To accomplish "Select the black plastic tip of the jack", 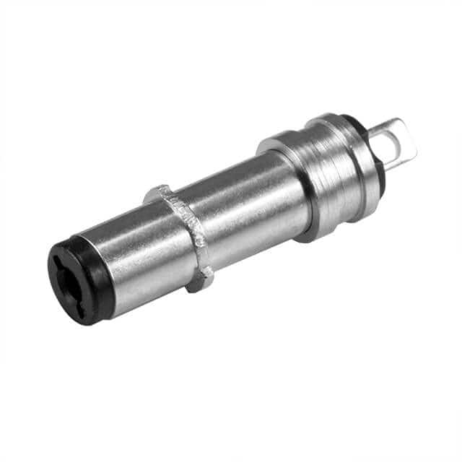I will click(79, 282).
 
